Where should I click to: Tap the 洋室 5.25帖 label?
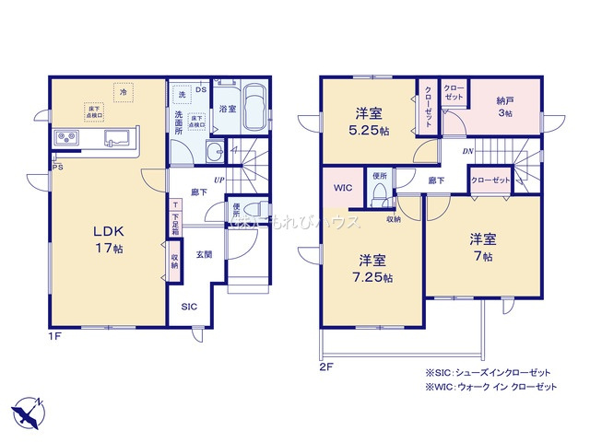pos(372,122)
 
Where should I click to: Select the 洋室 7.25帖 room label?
pos(373,268)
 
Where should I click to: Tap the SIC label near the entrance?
pos(188,306)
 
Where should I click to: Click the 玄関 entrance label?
pos(204,254)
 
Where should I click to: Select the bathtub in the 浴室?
pos(254,109)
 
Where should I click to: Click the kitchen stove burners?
pos(66,138)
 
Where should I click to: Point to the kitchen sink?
pos(116,138)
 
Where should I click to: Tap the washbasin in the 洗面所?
pos(214,152)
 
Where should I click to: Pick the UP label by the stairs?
pos(219,180)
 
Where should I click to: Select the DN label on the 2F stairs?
pos(468,152)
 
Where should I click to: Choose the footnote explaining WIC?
pos(490,387)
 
